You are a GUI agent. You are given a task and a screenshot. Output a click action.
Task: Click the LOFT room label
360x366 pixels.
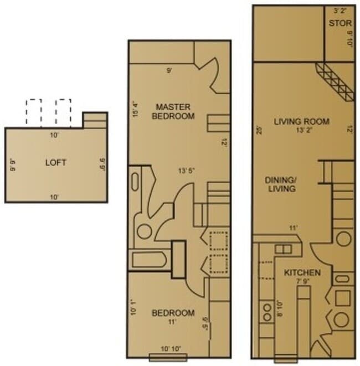(55, 163)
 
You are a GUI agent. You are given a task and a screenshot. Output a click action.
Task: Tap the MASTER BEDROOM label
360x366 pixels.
(174, 111)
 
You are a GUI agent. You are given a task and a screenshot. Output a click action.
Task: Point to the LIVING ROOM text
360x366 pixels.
(301, 121)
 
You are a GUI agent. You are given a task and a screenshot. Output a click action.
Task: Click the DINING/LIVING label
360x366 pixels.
(280, 184)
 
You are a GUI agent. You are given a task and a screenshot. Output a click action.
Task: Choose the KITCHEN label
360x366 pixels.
(302, 272)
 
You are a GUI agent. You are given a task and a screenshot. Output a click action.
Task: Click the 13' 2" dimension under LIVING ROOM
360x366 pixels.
(301, 131)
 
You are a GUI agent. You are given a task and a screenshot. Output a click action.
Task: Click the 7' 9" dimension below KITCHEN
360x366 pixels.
(302, 281)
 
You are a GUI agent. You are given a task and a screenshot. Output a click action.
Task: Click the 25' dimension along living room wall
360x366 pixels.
(259, 130)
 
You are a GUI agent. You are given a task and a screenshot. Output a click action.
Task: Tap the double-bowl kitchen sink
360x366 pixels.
(283, 249)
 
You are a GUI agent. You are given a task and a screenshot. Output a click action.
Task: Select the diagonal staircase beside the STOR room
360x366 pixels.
(335, 82)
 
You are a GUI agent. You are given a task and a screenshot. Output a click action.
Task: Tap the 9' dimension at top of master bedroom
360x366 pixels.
(169, 70)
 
